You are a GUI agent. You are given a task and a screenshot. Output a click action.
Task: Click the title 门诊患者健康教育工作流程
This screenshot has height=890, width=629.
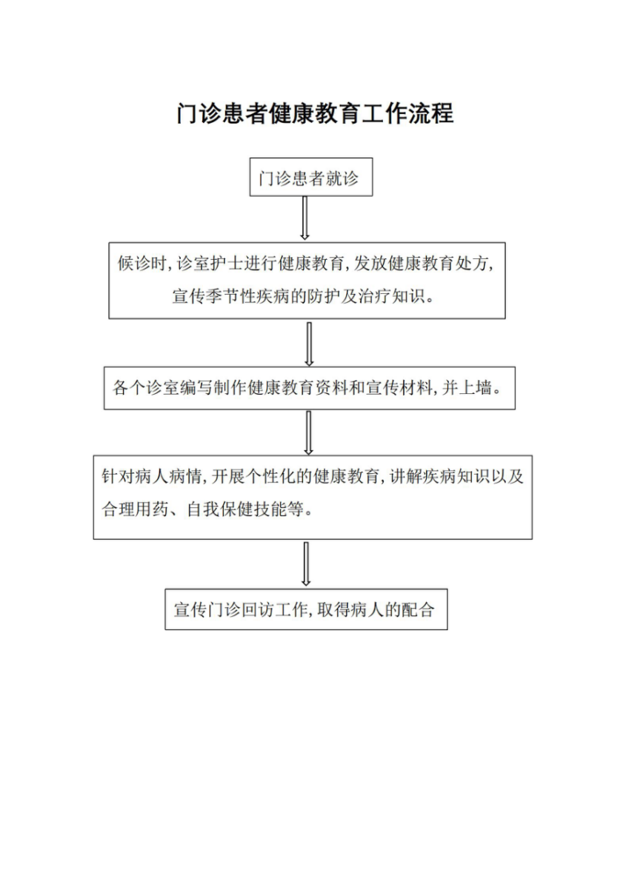(x=315, y=113)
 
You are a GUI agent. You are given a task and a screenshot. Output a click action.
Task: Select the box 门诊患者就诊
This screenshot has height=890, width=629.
(x=311, y=177)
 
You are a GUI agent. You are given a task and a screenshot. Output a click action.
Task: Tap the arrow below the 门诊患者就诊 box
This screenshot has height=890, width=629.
(x=304, y=218)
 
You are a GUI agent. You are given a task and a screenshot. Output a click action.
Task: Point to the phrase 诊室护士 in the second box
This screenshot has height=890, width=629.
(x=210, y=264)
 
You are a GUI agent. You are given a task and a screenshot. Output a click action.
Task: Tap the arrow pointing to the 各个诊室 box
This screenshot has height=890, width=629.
(x=309, y=344)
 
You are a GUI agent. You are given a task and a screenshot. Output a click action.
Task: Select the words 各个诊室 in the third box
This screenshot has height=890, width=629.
(x=145, y=388)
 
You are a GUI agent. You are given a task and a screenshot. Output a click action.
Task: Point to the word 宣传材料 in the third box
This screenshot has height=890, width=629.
(x=399, y=388)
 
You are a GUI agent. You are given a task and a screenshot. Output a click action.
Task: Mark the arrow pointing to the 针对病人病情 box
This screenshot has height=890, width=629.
(x=308, y=432)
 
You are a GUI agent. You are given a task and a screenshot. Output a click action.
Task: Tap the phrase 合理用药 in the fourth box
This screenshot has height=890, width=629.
(x=135, y=509)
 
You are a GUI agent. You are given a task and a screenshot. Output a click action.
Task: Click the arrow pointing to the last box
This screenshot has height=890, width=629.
(x=306, y=563)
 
